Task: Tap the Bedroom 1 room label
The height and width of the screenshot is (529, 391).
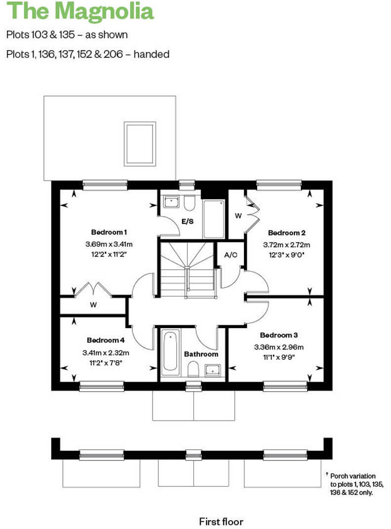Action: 109,232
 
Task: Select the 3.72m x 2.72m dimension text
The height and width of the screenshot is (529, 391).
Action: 290,244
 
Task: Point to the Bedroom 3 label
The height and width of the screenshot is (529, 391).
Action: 278,335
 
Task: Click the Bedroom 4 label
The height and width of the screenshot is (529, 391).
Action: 106,340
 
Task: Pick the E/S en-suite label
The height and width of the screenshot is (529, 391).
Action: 187,222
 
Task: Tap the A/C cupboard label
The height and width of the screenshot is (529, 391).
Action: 230,256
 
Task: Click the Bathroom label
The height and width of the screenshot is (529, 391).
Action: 201,354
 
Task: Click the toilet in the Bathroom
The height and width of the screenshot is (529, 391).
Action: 194,368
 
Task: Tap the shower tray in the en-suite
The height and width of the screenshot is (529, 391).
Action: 214,219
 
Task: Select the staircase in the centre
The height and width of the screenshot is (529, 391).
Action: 186,269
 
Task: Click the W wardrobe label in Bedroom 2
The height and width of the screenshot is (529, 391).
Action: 238,216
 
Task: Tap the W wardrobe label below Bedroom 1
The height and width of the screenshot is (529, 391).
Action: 93,305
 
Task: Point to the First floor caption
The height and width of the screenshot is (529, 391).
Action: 221,521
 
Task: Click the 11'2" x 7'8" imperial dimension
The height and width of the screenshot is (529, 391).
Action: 106,362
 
